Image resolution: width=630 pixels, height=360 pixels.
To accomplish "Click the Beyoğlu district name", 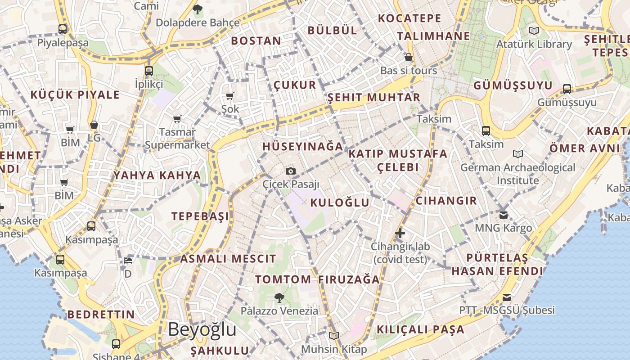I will click(202, 329).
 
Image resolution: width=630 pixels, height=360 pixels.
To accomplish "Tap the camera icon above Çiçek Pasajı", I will click(291, 171).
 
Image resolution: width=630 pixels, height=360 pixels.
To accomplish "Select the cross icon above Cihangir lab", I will click(400, 233).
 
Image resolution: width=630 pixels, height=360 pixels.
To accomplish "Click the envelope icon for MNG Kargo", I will click(504, 215).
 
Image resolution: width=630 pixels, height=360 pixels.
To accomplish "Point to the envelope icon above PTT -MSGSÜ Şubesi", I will click(507, 297).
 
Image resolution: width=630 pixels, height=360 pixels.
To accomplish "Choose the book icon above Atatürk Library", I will click(534, 31).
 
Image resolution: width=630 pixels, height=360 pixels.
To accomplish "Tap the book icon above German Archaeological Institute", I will click(518, 154).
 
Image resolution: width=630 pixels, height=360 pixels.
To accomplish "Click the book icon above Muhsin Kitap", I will click(333, 336).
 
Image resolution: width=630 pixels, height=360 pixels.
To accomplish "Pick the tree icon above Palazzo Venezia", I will click(279, 297).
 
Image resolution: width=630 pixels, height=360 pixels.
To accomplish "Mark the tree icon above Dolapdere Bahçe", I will click(197, 9).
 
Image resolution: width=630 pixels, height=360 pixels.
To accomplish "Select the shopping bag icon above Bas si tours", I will click(409, 57).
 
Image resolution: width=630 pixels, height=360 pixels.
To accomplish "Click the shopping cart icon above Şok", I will click(230, 96).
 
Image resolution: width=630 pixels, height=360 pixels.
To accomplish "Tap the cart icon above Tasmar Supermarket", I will click(177, 119).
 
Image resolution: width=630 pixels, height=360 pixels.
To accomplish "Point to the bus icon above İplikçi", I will click(149, 71).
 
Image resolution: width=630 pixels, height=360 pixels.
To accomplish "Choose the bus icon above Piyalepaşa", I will click(63, 29).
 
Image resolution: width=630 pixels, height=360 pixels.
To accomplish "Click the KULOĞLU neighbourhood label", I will click(340, 202).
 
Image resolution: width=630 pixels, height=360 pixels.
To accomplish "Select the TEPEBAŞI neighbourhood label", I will click(200, 216).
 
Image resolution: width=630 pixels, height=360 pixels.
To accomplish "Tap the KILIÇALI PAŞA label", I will click(420, 329).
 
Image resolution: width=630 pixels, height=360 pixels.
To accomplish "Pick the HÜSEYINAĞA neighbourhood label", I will click(303, 147).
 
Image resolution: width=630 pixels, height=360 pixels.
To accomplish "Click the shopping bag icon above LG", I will click(94, 125).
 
